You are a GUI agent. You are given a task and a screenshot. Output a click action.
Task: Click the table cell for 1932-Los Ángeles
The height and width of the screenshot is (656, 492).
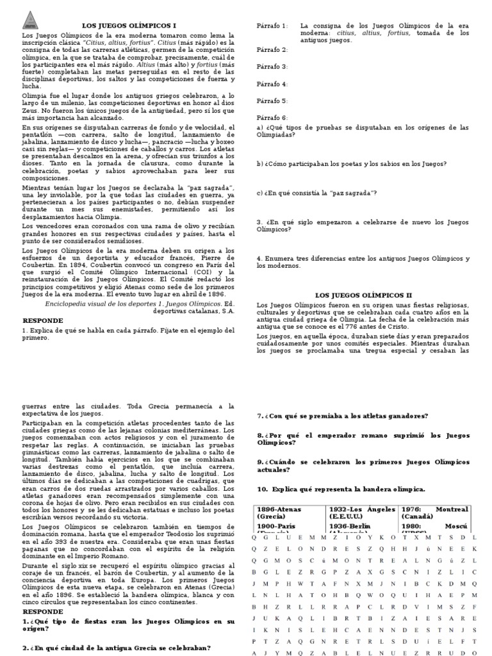pyautogui.click(x=363, y=513)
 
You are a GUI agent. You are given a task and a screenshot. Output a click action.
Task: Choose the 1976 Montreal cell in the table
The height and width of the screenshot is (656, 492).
pyautogui.click(x=435, y=513)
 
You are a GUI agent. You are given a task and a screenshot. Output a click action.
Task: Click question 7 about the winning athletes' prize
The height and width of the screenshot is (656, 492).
pyautogui.click(x=343, y=416)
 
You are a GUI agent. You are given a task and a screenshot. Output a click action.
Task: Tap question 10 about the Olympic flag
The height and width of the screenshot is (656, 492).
pyautogui.click(x=341, y=489)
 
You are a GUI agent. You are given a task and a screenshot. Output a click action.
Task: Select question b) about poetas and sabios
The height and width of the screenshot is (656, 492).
pyautogui.click(x=351, y=163)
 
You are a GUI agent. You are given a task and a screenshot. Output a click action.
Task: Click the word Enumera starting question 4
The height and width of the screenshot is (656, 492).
pyautogui.click(x=279, y=258)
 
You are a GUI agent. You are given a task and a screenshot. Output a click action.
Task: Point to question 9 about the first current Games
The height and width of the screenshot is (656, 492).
pyautogui.click(x=363, y=465)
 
